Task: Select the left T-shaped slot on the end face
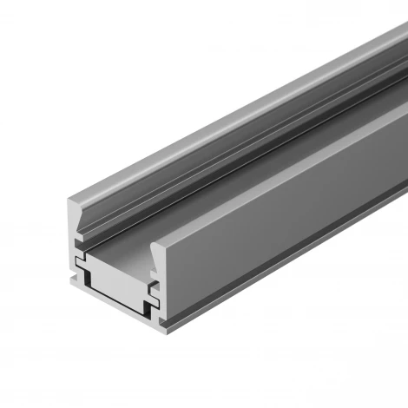coord(80,260)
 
